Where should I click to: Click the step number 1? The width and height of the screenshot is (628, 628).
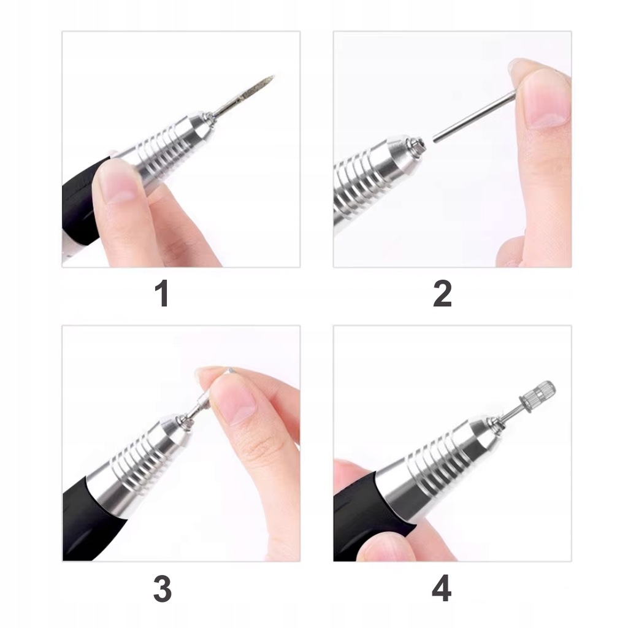coord(161,294)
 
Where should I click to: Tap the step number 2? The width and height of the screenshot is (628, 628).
coord(442,294)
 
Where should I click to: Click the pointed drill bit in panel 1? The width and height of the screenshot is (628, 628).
coord(244,94)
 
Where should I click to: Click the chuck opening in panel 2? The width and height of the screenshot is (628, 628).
coord(417,144)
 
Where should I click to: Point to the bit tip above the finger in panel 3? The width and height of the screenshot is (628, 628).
coord(230,369)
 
